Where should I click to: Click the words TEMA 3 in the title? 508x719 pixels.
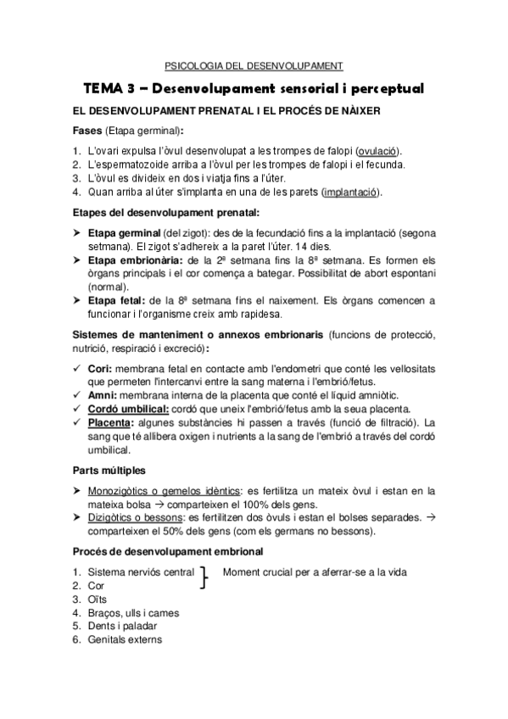111,88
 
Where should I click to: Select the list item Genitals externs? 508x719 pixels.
125,640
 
